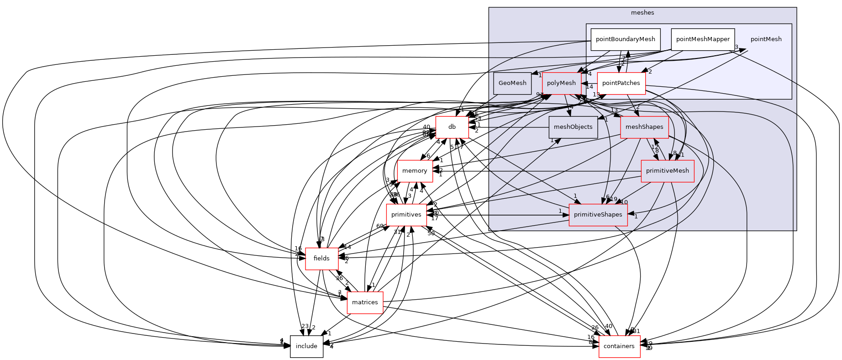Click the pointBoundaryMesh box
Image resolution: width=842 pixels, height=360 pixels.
[x=625, y=39]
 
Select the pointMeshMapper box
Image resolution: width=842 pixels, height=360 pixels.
[x=703, y=39]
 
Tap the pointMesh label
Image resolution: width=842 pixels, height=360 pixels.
[x=766, y=39]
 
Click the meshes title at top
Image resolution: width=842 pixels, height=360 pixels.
[x=642, y=13]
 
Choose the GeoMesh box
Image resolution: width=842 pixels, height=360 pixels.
[x=512, y=83]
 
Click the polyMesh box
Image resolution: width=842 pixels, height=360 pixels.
[x=561, y=83]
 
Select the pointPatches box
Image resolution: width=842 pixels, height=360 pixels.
[x=621, y=83]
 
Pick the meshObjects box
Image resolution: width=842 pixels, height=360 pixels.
[x=573, y=127]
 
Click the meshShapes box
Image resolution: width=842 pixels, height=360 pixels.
[x=644, y=127]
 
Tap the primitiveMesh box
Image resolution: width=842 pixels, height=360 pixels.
[x=667, y=171]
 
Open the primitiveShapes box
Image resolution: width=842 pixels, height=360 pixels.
[x=598, y=215]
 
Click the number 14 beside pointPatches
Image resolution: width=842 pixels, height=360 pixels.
[x=589, y=87]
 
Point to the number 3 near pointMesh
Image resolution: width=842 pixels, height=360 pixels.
[x=737, y=47]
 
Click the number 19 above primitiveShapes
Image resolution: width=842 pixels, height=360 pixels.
[x=614, y=199]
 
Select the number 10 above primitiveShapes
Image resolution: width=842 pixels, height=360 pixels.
[x=624, y=202]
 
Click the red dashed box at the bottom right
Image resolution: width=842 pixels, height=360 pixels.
[x=619, y=347]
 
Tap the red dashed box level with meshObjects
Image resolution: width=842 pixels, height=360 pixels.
[x=452, y=127]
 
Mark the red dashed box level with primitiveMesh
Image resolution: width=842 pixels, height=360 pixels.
[x=415, y=171]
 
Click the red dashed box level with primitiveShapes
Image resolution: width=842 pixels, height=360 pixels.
[x=406, y=215]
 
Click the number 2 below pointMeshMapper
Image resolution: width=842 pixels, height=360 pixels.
[x=650, y=72]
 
